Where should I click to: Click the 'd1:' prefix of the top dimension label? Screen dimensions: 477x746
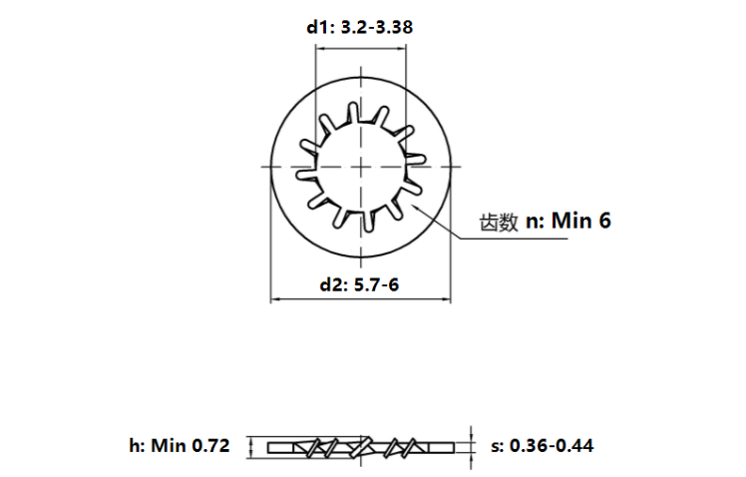pos(320,27)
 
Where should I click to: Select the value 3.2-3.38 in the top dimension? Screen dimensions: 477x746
pos(375,27)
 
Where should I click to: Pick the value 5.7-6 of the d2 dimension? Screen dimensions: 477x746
pos(381,284)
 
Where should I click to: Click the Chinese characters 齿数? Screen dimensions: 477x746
pos(499,223)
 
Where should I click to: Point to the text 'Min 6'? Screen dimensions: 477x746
pos(580,221)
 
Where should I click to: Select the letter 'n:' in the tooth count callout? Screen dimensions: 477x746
pos(536,222)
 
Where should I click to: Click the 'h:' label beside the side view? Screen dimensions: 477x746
pos(139,446)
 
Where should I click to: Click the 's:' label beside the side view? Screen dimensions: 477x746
pos(499,446)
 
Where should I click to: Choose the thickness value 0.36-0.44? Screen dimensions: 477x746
pos(552,446)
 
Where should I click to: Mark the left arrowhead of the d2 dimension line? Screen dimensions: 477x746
pos(276,298)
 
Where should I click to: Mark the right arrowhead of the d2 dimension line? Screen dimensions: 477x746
pos(451,298)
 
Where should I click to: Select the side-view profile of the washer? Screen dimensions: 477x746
pos(363,446)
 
